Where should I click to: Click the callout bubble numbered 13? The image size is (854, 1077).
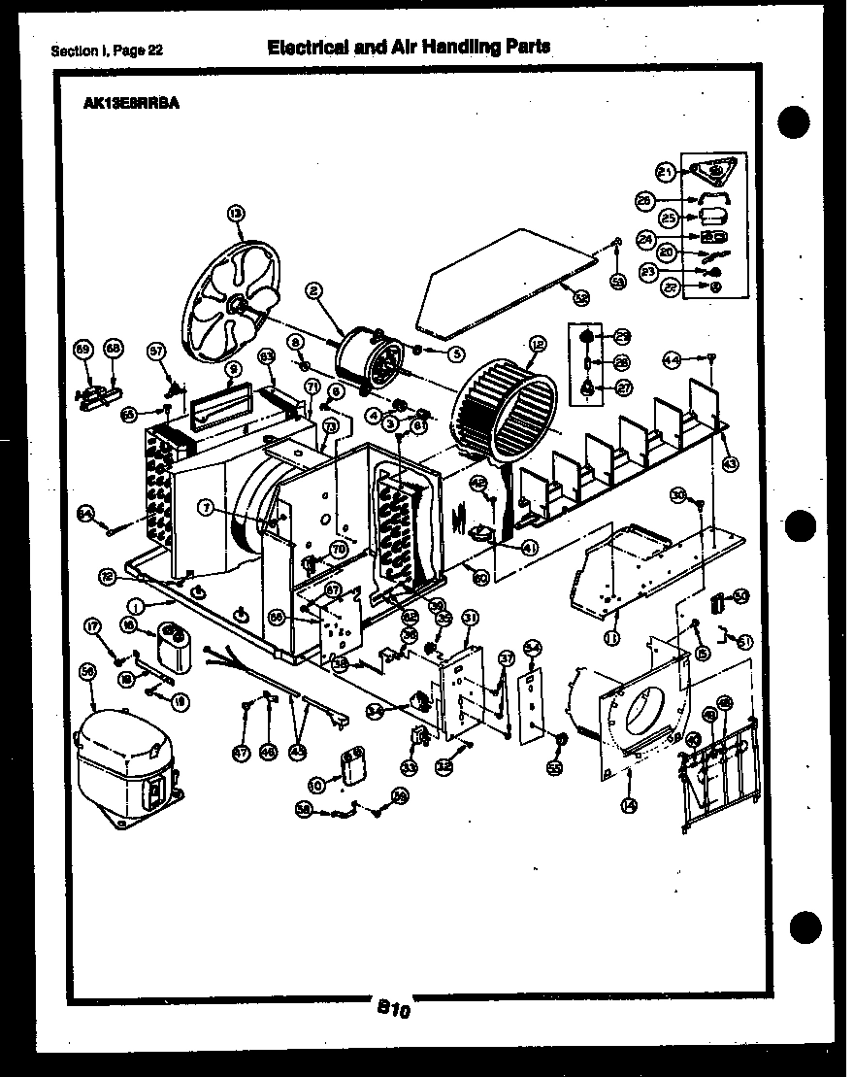tap(236, 213)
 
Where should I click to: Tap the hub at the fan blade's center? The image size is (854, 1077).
tap(234, 306)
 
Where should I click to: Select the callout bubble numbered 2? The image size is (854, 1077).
tap(313, 288)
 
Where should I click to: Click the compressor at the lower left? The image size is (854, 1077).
tap(124, 767)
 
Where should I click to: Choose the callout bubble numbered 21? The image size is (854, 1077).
tap(665, 172)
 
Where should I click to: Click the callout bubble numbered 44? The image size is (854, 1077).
tap(670, 358)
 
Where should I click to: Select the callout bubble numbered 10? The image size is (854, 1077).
tap(316, 785)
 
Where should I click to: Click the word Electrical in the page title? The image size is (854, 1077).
tap(308, 46)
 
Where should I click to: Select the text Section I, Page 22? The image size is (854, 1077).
tap(106, 51)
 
